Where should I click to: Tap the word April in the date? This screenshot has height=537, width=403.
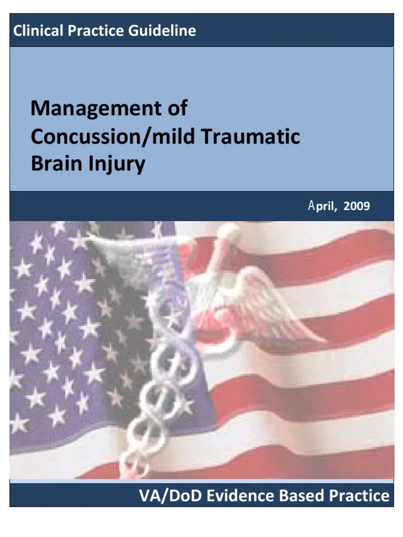pyautogui.click(x=322, y=206)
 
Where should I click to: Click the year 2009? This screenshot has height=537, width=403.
pyautogui.click(x=357, y=206)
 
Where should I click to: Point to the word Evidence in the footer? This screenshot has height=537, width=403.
pyautogui.click(x=235, y=496)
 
